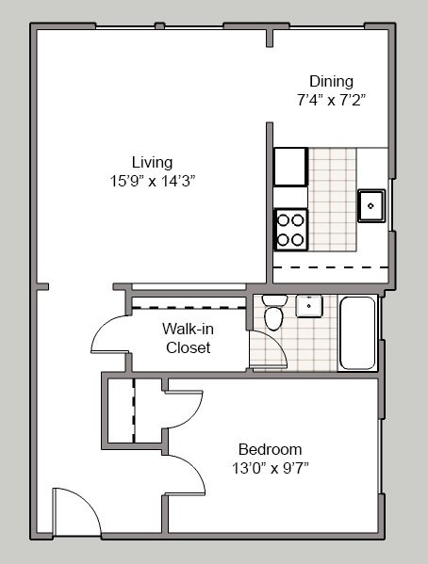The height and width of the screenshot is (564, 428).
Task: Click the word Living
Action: (152, 163)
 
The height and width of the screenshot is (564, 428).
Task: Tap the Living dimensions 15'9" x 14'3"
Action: (153, 181)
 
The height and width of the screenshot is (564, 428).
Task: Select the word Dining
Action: (331, 82)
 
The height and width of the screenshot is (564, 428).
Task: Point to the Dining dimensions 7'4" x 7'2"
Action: (331, 100)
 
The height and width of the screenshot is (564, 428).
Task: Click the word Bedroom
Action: (271, 450)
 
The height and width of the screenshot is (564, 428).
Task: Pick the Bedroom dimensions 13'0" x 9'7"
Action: (271, 468)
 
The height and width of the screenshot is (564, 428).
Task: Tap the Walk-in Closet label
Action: (188, 338)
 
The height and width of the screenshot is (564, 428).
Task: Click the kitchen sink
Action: (371, 206)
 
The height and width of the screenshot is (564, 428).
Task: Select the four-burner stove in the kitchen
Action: (290, 230)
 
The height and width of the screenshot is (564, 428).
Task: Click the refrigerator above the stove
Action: (290, 167)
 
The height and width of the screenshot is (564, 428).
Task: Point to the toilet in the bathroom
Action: (273, 312)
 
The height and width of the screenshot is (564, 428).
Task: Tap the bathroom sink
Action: (309, 306)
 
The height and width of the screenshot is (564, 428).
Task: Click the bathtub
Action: (357, 332)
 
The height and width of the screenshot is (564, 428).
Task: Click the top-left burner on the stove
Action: (284, 220)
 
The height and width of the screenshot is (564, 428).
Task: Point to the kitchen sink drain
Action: (370, 206)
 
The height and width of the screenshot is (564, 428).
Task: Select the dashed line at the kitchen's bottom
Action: (331, 267)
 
